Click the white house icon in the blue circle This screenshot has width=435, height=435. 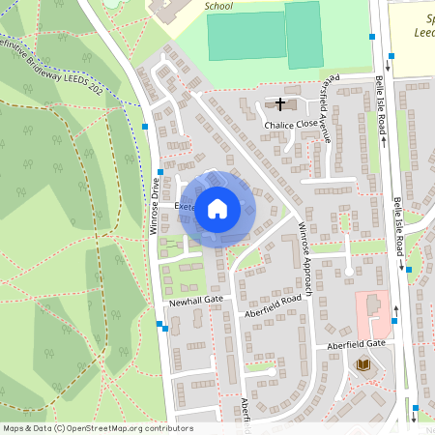pos(217,208)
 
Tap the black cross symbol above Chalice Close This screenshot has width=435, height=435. pos(281,103)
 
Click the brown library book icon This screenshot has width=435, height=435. pos(363,364)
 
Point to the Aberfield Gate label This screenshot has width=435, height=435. pos(356,344)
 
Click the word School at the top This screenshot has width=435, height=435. pos(219,5)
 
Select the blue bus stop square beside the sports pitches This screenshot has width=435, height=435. pos(371,37)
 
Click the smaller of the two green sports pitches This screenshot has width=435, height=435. pos(303,34)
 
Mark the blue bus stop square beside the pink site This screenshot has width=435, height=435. pos(394,320)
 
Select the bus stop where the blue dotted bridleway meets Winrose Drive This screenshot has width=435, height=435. pos(145,127)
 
